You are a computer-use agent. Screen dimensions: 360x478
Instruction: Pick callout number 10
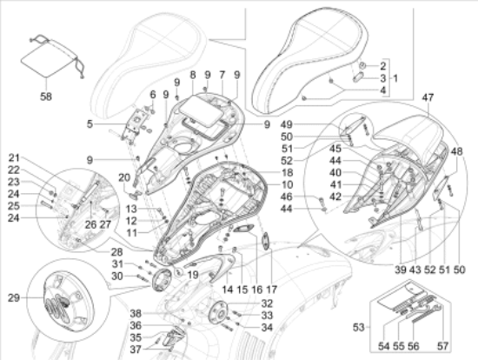288,186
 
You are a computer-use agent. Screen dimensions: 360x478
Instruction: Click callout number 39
400,270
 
